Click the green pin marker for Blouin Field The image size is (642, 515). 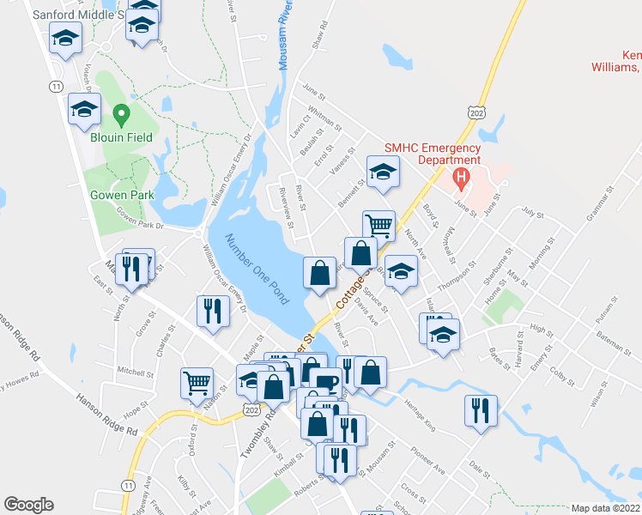point(121,114)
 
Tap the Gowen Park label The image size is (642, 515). point(123,195)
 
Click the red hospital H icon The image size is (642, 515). point(461,180)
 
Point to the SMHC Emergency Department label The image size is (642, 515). point(432,154)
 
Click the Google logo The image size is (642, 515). point(28,505)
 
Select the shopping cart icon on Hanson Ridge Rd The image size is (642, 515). point(197,381)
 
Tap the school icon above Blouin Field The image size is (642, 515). point(84,107)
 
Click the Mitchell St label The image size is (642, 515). point(134,373)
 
